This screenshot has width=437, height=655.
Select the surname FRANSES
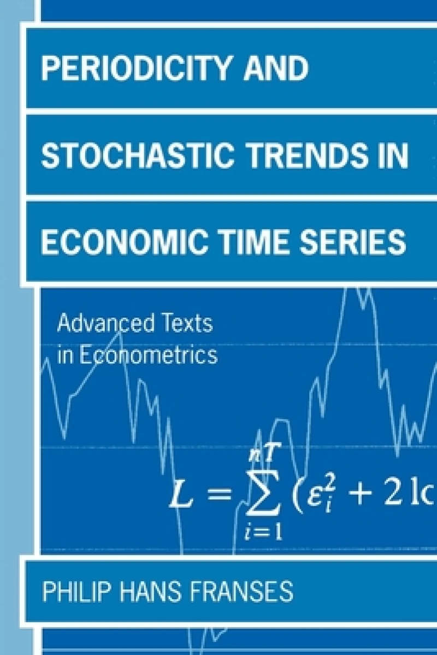click(x=249, y=592)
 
